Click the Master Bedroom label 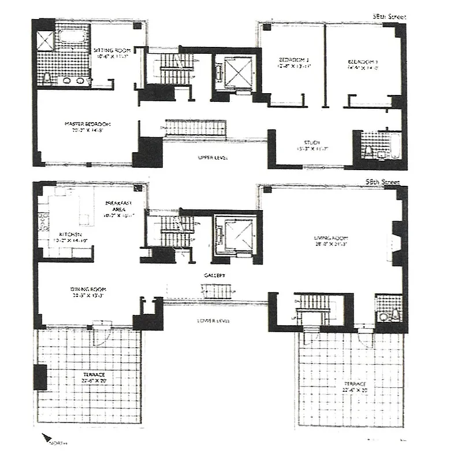coord(87,128)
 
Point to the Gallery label coord(213,276)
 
